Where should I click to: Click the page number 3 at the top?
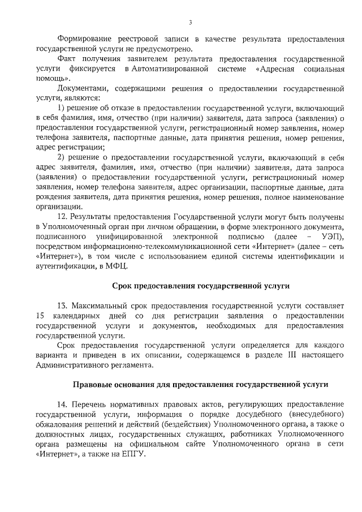pos(190,22)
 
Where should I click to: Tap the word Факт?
pos(68,59)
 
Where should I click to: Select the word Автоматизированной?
pos(169,68)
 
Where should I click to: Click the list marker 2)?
pos(63,157)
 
